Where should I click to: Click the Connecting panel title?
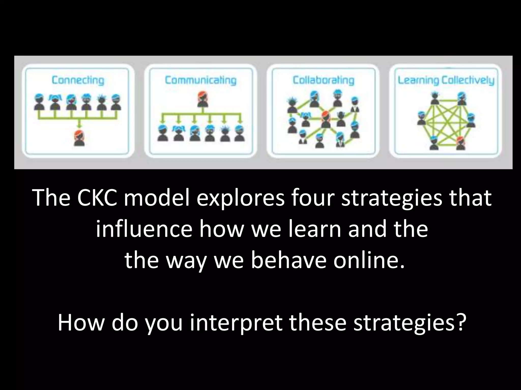[78, 80]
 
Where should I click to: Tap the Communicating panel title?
[200, 80]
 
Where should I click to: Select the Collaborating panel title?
[323, 80]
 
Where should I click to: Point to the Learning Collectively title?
[446, 80]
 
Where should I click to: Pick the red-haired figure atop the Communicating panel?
[203, 100]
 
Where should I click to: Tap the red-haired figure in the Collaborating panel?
[325, 120]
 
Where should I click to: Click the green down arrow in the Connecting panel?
[79, 125]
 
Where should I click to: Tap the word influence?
[143, 229]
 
